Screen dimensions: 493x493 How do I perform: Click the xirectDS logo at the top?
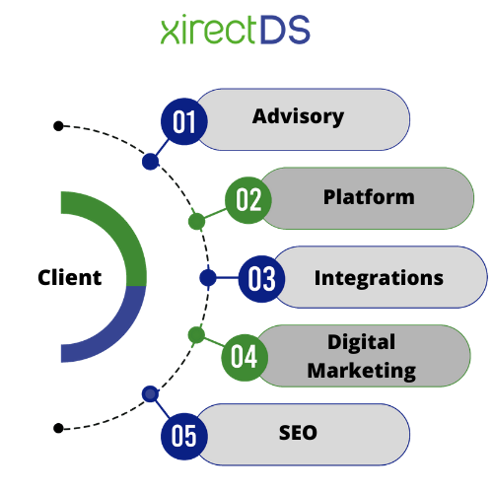235,30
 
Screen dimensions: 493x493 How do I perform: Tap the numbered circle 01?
184,121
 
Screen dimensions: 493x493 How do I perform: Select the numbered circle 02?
248,200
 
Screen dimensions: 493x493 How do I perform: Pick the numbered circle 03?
261,279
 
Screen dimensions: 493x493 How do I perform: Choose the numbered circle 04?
245,358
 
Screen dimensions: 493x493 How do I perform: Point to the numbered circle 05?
184,436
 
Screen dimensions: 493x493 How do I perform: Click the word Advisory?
298,117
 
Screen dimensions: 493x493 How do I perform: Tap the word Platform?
369,197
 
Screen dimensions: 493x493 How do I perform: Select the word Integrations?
379,279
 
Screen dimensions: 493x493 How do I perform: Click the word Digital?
362,343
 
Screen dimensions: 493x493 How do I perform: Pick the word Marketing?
362,371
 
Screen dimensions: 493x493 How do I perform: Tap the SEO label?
298,433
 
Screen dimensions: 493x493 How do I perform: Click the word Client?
69,277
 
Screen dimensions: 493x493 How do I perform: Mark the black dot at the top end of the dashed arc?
58,126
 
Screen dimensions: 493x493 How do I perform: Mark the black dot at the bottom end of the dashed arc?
58,428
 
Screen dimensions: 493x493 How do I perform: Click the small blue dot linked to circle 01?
151,162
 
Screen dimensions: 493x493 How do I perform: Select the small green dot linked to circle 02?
196,221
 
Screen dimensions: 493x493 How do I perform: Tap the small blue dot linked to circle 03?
208,278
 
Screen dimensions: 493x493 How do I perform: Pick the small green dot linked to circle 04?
196,335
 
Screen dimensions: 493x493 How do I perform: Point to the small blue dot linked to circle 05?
151,394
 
